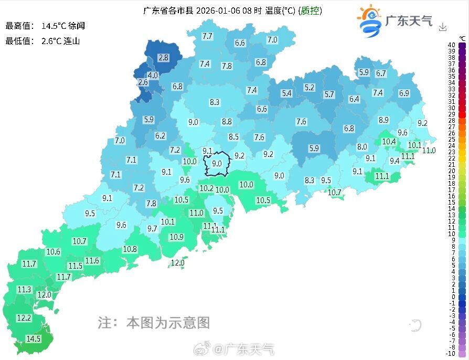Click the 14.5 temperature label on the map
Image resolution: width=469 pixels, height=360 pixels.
[x=34, y=339]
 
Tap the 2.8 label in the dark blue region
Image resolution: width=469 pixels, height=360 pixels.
[x=163, y=58]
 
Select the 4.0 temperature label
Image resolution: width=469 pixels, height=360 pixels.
[x=153, y=76]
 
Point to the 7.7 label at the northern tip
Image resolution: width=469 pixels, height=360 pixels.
[x=207, y=36]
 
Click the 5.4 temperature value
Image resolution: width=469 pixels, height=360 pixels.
[x=286, y=93]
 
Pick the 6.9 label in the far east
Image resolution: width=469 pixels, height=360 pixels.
[x=404, y=93]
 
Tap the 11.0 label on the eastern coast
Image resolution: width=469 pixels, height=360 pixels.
[x=429, y=150]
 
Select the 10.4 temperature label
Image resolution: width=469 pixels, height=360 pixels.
[x=389, y=141]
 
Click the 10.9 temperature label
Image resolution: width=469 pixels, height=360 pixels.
[x=176, y=237]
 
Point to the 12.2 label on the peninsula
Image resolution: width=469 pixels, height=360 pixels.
[x=24, y=318]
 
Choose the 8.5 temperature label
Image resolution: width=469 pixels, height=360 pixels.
[x=233, y=137]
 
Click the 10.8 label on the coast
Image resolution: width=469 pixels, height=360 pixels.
[x=130, y=249]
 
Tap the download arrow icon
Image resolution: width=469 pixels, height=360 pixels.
[x=443, y=27]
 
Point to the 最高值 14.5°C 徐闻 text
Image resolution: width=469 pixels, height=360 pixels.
[x=45, y=26]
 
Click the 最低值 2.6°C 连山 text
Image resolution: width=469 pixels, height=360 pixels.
[x=42, y=40]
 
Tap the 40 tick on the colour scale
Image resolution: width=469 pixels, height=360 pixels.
[x=451, y=45]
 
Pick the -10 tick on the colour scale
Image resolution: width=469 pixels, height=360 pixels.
[x=451, y=353]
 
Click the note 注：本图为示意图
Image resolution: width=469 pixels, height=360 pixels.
[x=154, y=322]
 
